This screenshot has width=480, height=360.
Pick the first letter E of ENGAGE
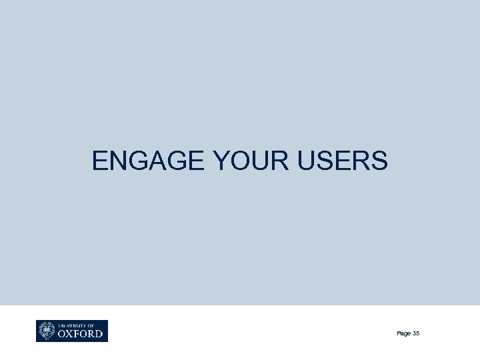click(99, 161)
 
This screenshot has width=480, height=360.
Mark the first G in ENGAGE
click(132, 161)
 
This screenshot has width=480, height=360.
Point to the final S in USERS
click(378, 161)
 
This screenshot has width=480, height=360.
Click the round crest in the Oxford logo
click(47, 331)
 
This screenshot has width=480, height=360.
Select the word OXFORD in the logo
click(81, 333)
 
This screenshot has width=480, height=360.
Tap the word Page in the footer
click(403, 333)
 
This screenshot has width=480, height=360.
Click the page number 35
click(415, 333)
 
